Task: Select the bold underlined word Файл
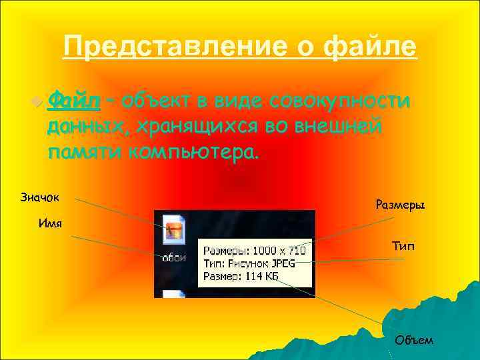point(74,101)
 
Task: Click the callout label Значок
point(39,197)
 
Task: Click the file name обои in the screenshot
point(175,257)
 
